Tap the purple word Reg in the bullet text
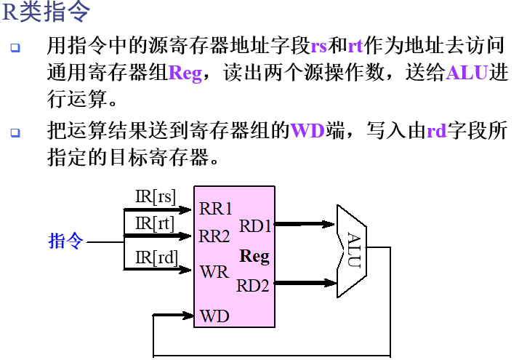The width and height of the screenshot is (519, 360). pos(185,73)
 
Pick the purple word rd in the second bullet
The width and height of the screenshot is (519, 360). pos(436,132)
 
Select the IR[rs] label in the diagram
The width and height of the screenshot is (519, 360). pos(156,196)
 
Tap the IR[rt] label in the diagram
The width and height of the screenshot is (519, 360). pos(155,223)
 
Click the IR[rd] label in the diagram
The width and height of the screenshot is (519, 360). pos(156,257)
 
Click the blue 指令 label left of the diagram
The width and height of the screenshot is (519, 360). pos(66,241)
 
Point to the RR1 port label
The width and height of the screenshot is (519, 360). pos(215,209)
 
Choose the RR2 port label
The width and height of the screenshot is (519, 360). pos(215,236)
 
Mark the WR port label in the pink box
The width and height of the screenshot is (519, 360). pos(214,272)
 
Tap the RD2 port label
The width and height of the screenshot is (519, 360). pos(253,286)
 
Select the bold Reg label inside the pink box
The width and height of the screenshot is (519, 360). pos(254,256)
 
